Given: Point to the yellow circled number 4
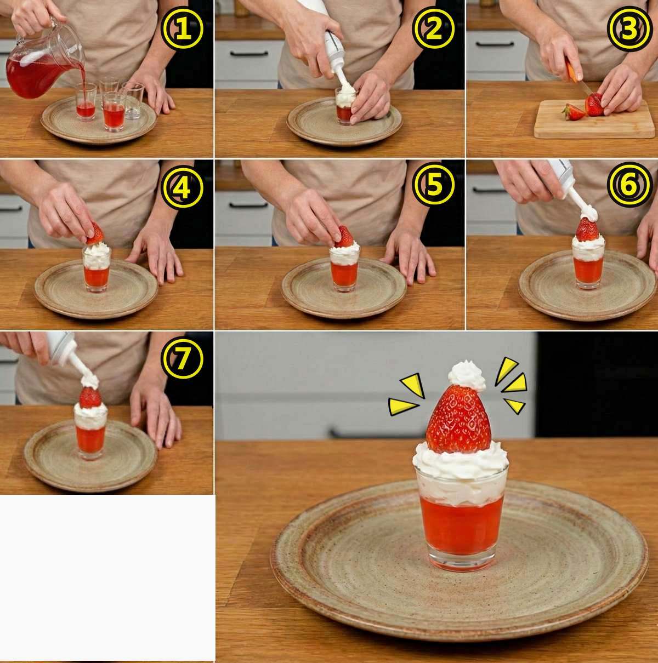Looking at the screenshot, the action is point(182,186).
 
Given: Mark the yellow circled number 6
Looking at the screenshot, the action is point(630,185).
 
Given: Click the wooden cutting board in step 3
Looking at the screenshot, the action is point(594,119).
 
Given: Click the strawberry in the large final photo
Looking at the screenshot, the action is point(458,419).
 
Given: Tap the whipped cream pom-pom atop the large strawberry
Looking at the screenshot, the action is point(467,376).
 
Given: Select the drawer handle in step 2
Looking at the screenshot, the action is point(248,53).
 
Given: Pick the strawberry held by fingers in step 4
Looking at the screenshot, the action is point(95,234).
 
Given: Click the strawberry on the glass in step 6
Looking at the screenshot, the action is point(587,229).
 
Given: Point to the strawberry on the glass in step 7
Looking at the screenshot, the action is point(90,397).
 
